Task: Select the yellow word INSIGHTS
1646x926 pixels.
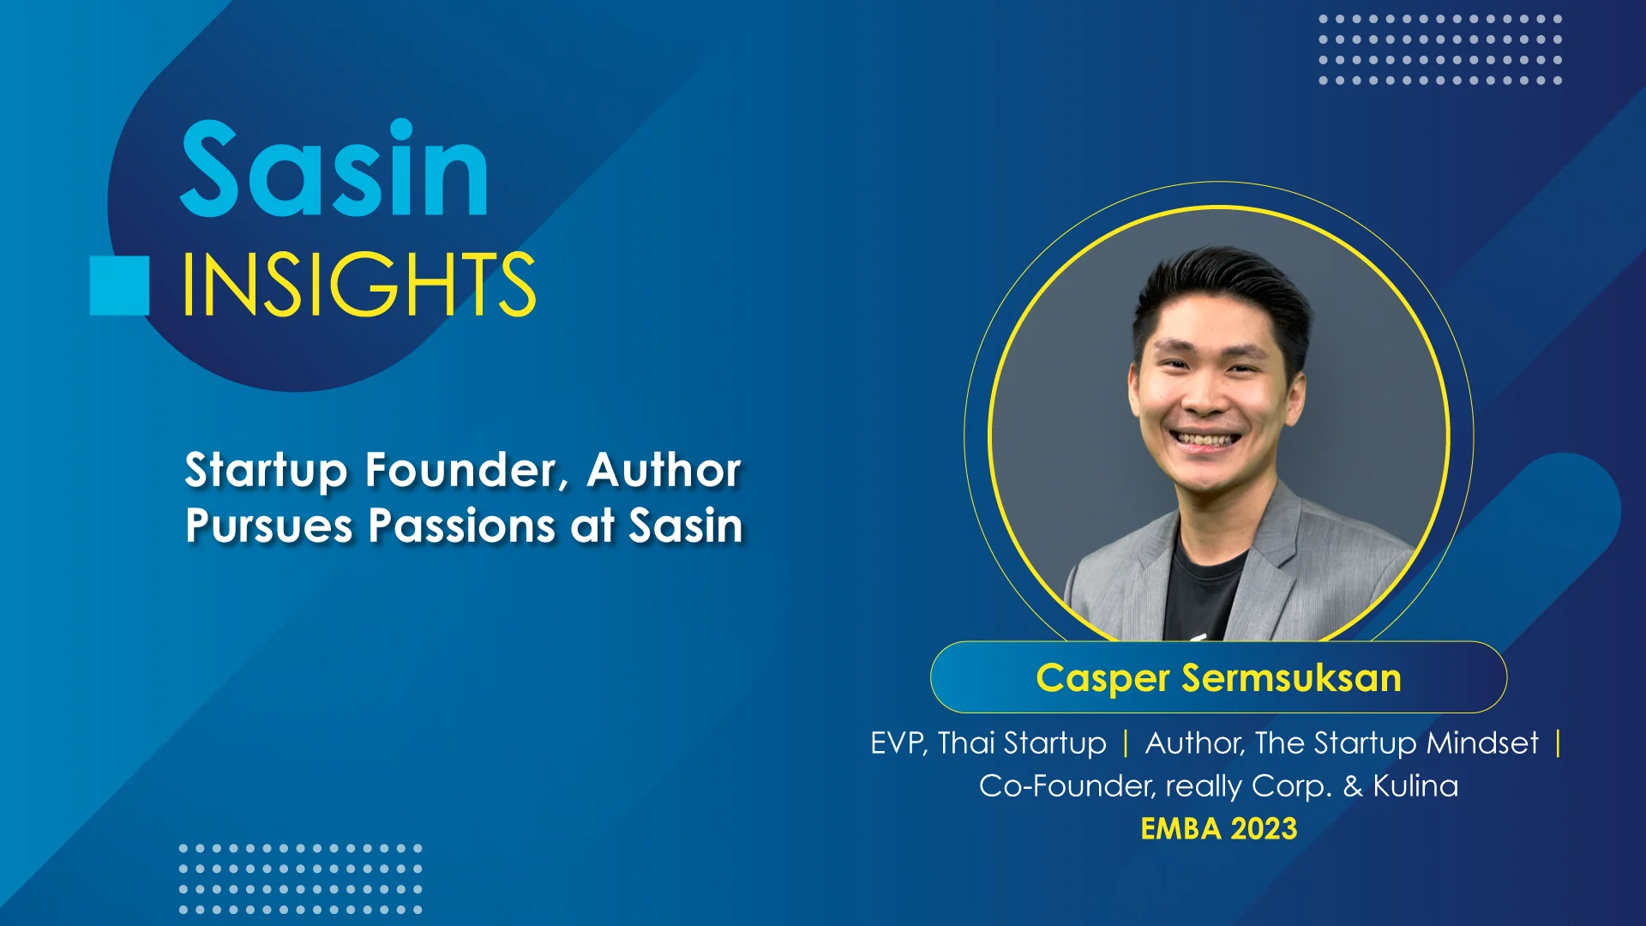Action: point(359,284)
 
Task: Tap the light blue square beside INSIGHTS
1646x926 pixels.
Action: point(119,286)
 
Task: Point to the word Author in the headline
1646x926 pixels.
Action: point(664,470)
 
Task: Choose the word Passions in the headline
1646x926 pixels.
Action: point(462,525)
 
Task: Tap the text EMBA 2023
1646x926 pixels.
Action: point(1218,829)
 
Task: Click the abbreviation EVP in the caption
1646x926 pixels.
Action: point(898,743)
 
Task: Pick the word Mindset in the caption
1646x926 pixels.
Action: point(1482,743)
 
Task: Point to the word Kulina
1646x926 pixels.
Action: point(1415,786)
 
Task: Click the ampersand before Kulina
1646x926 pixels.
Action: point(1353,786)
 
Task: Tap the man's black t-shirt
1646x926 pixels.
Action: point(1209,592)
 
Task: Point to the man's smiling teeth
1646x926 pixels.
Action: point(1207,440)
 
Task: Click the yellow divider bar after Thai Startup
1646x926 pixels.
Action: point(1126,743)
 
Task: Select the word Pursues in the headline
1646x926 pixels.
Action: point(269,526)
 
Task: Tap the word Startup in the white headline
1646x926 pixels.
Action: point(267,471)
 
